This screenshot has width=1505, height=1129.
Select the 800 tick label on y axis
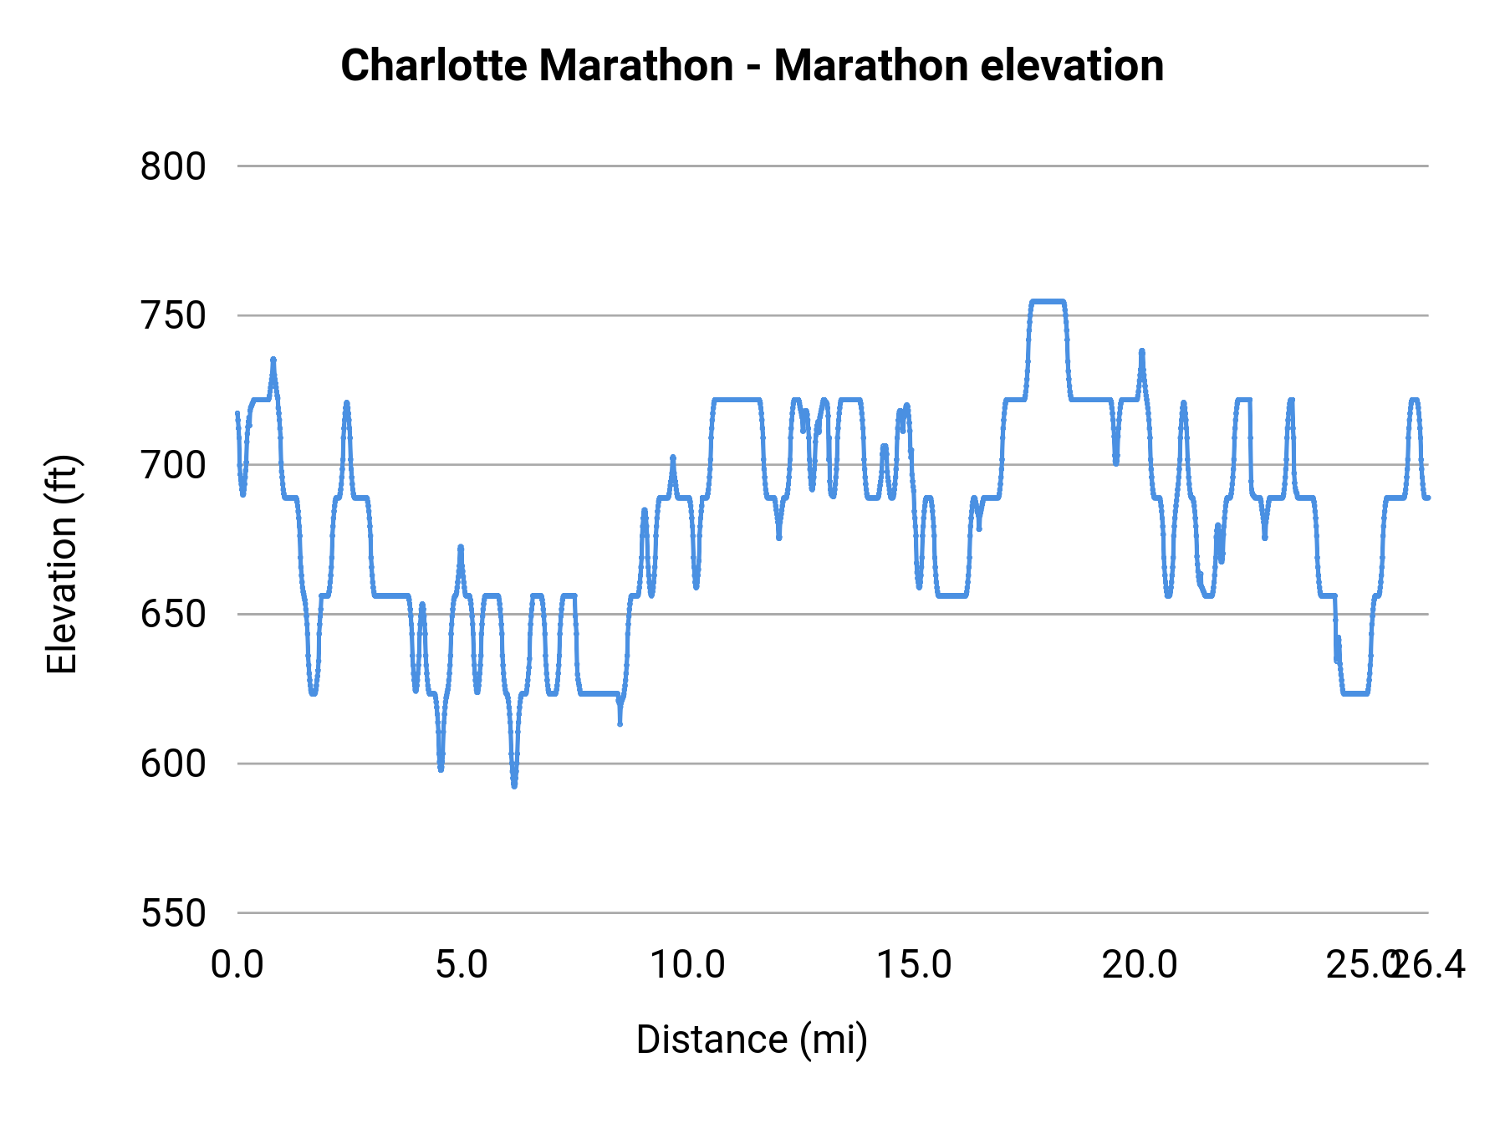pos(173,166)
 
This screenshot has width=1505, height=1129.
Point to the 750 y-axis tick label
pos(173,316)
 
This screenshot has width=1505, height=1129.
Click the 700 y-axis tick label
pos(173,465)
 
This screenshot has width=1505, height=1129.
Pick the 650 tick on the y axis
pos(173,615)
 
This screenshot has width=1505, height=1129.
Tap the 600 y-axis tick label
pos(173,764)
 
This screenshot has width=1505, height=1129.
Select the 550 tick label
pos(173,913)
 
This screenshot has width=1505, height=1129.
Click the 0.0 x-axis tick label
pos(237,965)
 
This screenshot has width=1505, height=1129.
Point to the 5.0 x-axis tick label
pos(462,965)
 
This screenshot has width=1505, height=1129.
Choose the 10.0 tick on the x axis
pos(687,965)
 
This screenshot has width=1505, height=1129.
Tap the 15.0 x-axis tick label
pos(913,965)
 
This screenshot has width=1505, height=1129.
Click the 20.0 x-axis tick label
pos(1139,965)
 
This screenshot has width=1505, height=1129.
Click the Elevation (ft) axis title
pos(62,564)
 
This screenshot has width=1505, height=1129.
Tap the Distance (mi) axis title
pos(752,1040)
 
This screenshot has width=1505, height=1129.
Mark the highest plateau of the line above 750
pos(1048,301)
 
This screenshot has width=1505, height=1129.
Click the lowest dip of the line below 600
pos(513,784)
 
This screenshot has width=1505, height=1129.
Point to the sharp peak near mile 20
pos(1141,352)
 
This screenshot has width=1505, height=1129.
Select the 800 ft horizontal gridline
pos(836,166)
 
